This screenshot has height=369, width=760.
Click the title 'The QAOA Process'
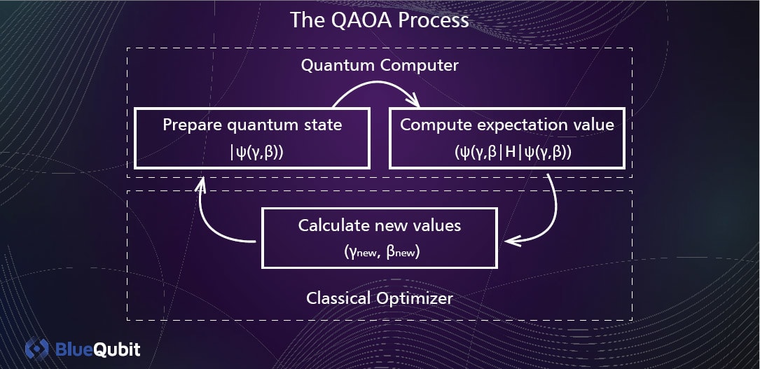point(380,20)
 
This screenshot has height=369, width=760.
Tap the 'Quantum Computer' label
point(380,65)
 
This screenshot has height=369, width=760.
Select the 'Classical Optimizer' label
point(380,298)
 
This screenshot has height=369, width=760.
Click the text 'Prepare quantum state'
point(252,125)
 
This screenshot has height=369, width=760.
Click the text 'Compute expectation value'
point(507,125)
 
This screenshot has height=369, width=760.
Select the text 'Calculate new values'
point(380,225)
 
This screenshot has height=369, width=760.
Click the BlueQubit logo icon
point(37,349)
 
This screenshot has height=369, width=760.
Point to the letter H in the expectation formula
point(511,153)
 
